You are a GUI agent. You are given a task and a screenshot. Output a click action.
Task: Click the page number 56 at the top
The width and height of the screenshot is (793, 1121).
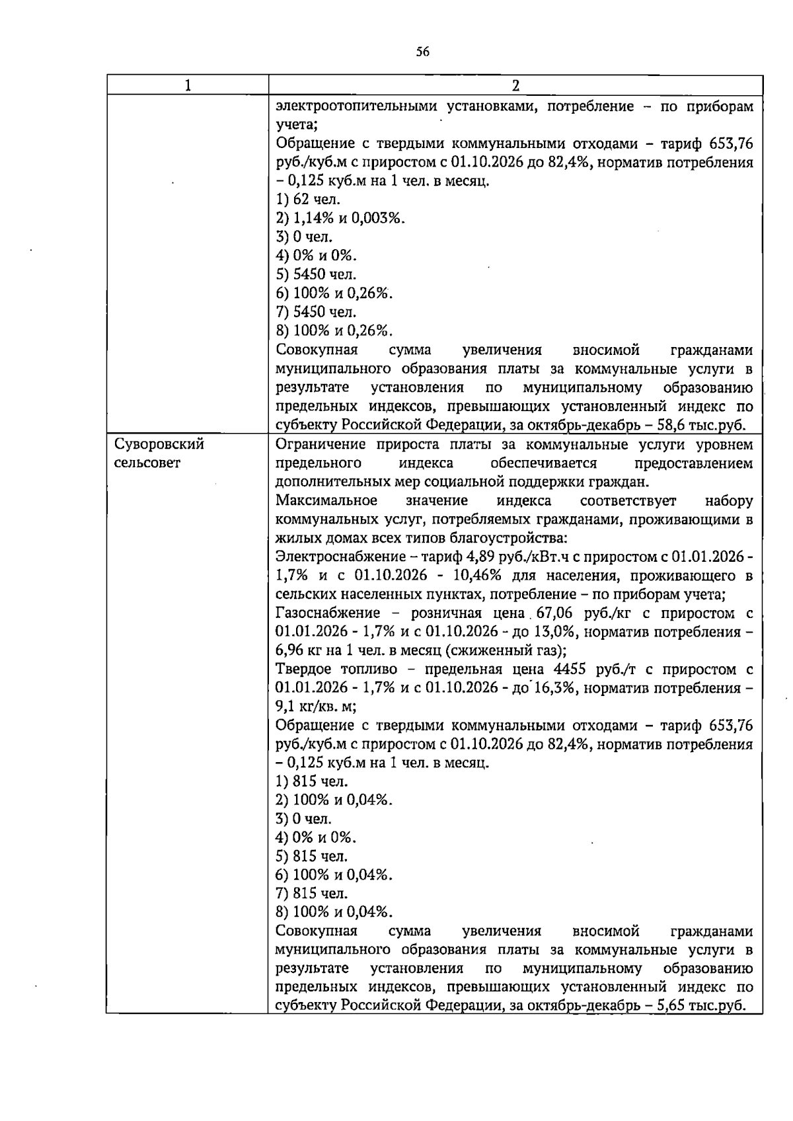click(x=423, y=52)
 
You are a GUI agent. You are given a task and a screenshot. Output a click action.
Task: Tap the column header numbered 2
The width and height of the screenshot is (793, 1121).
click(x=515, y=85)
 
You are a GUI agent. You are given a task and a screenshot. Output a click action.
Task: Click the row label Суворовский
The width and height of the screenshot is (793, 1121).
click(x=156, y=444)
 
